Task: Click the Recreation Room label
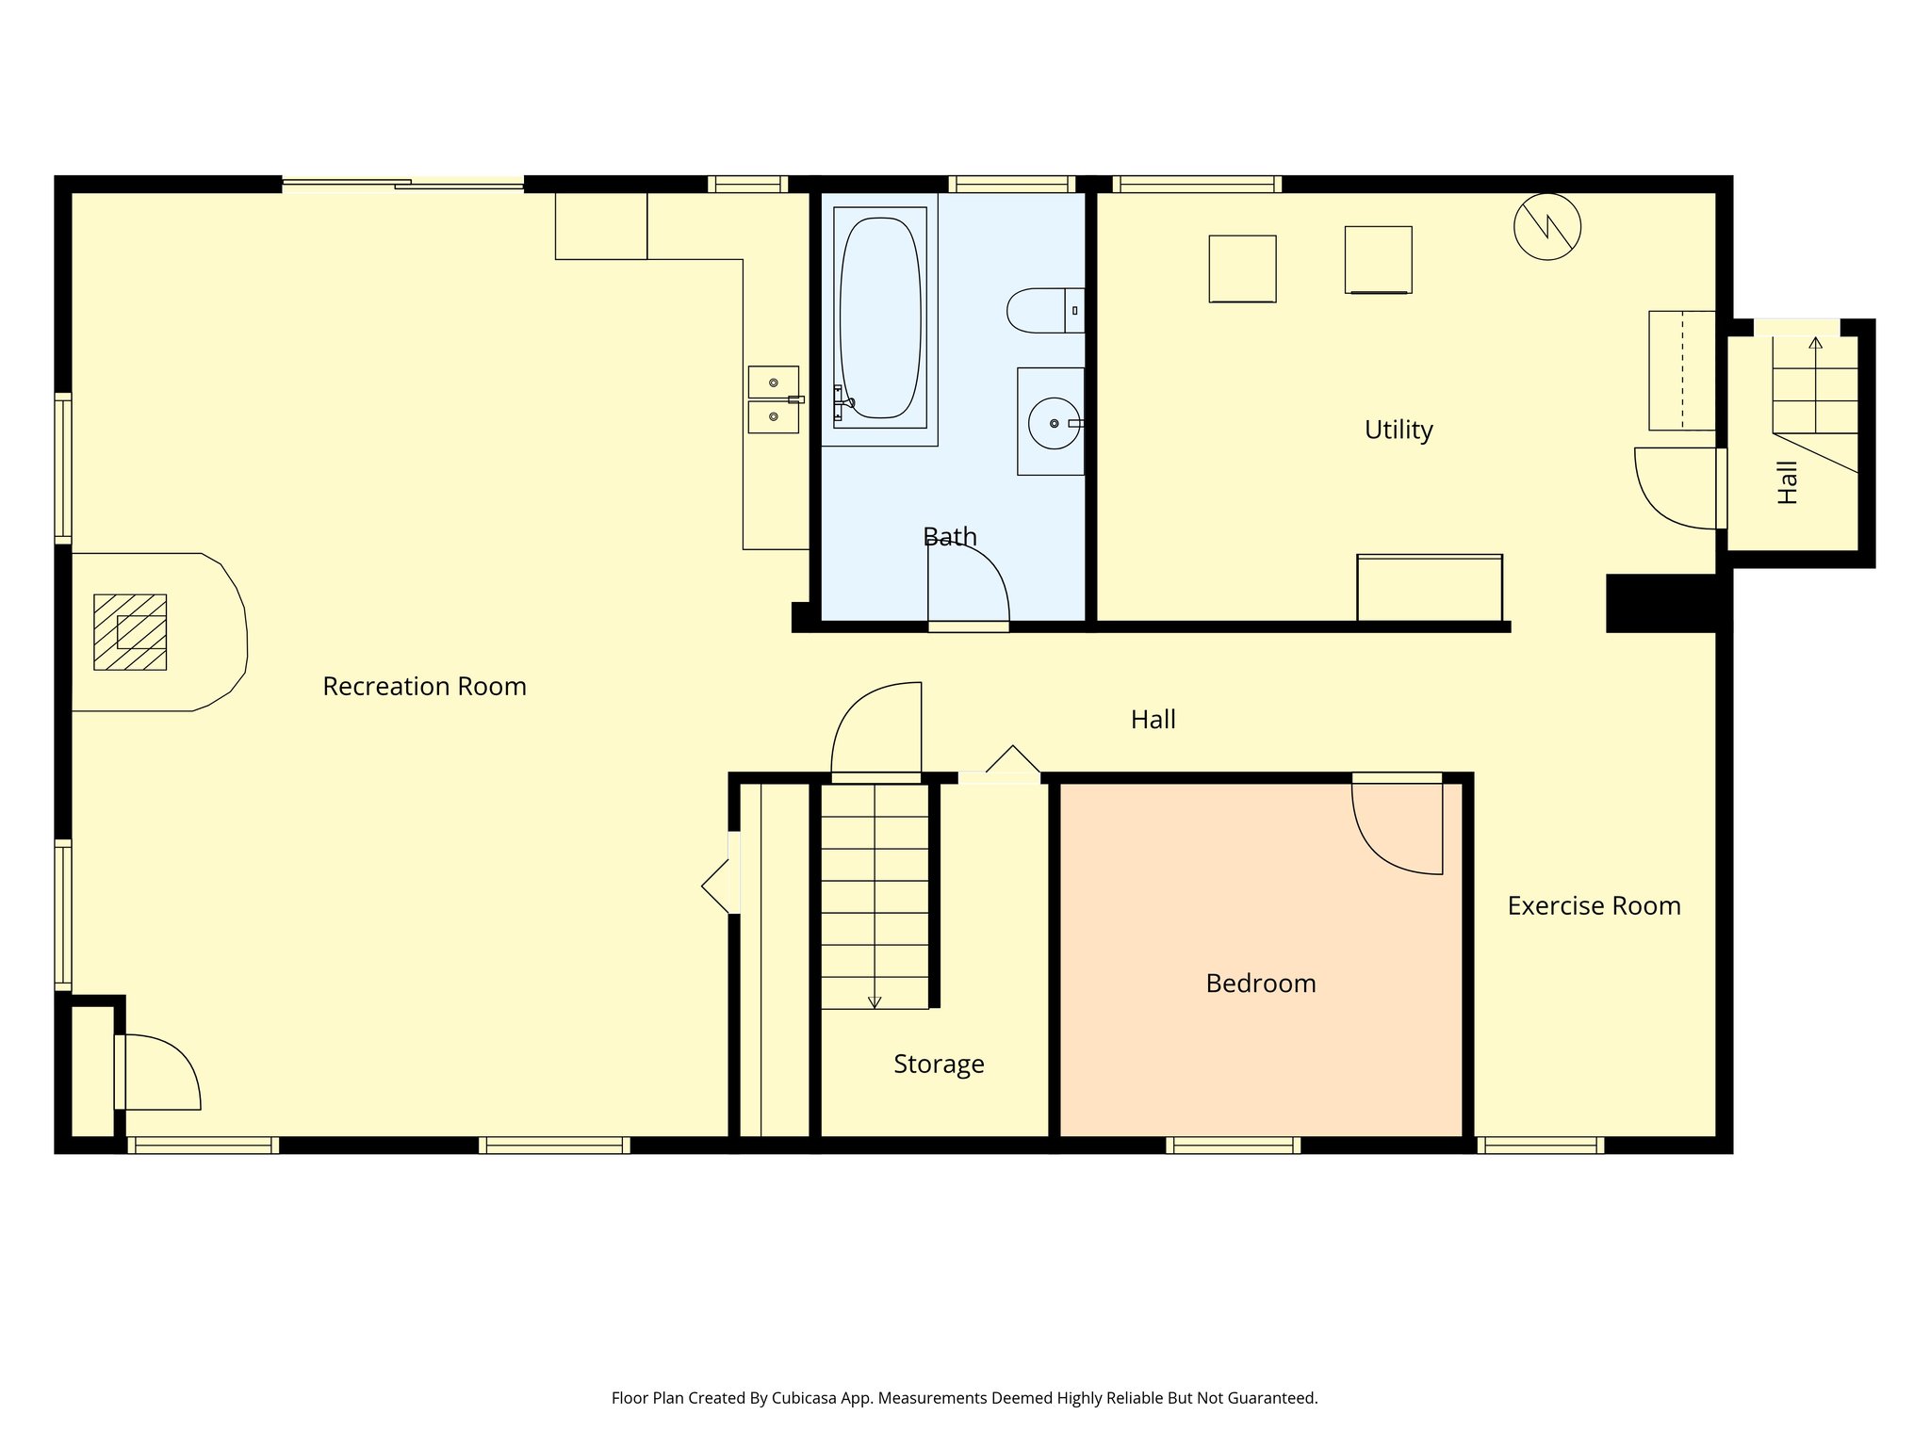pyautogui.click(x=424, y=687)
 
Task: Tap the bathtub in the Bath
pyautogui.click(x=879, y=317)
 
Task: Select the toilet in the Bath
pyautogui.click(x=1042, y=310)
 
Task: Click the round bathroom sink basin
pyautogui.click(x=1054, y=424)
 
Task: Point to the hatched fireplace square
pyautogui.click(x=130, y=632)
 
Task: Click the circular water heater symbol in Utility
pyautogui.click(x=1546, y=226)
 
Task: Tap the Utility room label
pyautogui.click(x=1398, y=431)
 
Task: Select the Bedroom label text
pyautogui.click(x=1261, y=984)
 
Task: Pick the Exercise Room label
pyautogui.click(x=1594, y=906)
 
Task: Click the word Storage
pyautogui.click(x=939, y=1065)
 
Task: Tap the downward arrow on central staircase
pyautogui.click(x=875, y=1002)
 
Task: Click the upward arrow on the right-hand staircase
pyautogui.click(x=1815, y=343)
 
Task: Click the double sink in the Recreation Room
pyautogui.click(x=773, y=399)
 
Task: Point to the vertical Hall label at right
pyautogui.click(x=1788, y=482)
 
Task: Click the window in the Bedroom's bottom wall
pyautogui.click(x=1233, y=1145)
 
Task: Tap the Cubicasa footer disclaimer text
pyautogui.click(x=964, y=1398)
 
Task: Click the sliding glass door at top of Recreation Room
pyautogui.click(x=403, y=184)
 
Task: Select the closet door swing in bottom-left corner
pyautogui.click(x=160, y=1072)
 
